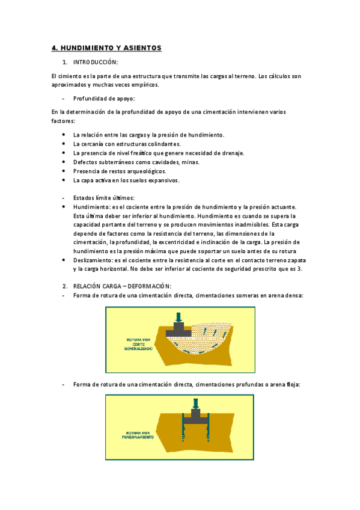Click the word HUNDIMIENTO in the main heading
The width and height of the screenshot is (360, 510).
(x=89, y=48)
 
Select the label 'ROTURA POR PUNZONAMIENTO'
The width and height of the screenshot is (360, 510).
(x=139, y=434)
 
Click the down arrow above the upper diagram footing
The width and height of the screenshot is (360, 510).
(x=178, y=316)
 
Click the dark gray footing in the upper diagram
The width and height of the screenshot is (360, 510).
(x=178, y=329)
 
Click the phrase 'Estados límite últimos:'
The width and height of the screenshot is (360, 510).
(x=103, y=198)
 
